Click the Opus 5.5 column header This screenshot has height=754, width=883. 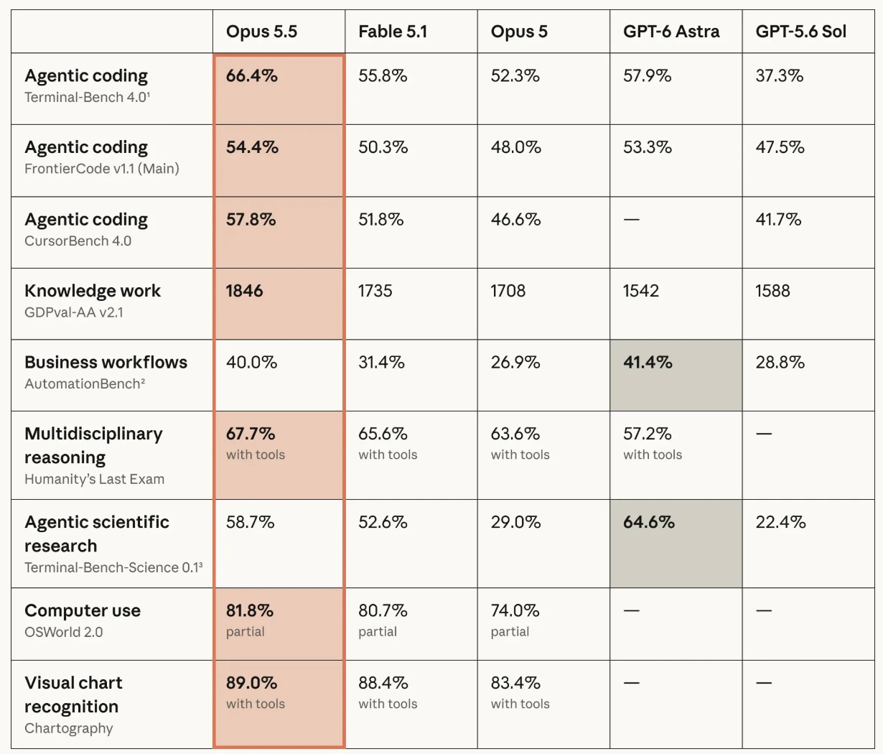261,32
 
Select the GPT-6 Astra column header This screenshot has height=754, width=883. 671,32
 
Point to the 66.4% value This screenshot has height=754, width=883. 251,75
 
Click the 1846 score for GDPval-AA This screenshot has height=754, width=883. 244,291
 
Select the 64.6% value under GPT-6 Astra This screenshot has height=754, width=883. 649,522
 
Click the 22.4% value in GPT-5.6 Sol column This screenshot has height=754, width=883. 780,522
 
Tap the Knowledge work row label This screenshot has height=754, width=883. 93,291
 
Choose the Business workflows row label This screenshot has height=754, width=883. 106,362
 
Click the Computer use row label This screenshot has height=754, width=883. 83,610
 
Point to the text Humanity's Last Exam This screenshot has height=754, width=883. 95,479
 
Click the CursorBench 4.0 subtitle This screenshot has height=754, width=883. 78,241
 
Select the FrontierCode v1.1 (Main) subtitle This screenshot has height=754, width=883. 102,169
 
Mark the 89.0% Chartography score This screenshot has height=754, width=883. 251,683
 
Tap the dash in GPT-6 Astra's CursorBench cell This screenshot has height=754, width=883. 632,220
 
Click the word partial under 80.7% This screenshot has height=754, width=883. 378,632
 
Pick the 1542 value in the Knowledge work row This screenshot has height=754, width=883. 641,291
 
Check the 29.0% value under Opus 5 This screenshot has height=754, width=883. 515,522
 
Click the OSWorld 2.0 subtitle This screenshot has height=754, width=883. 64,632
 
